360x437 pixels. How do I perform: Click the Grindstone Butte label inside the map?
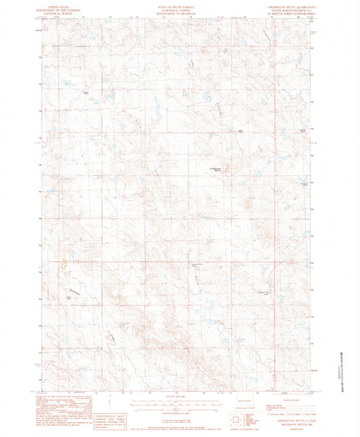[213, 170]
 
